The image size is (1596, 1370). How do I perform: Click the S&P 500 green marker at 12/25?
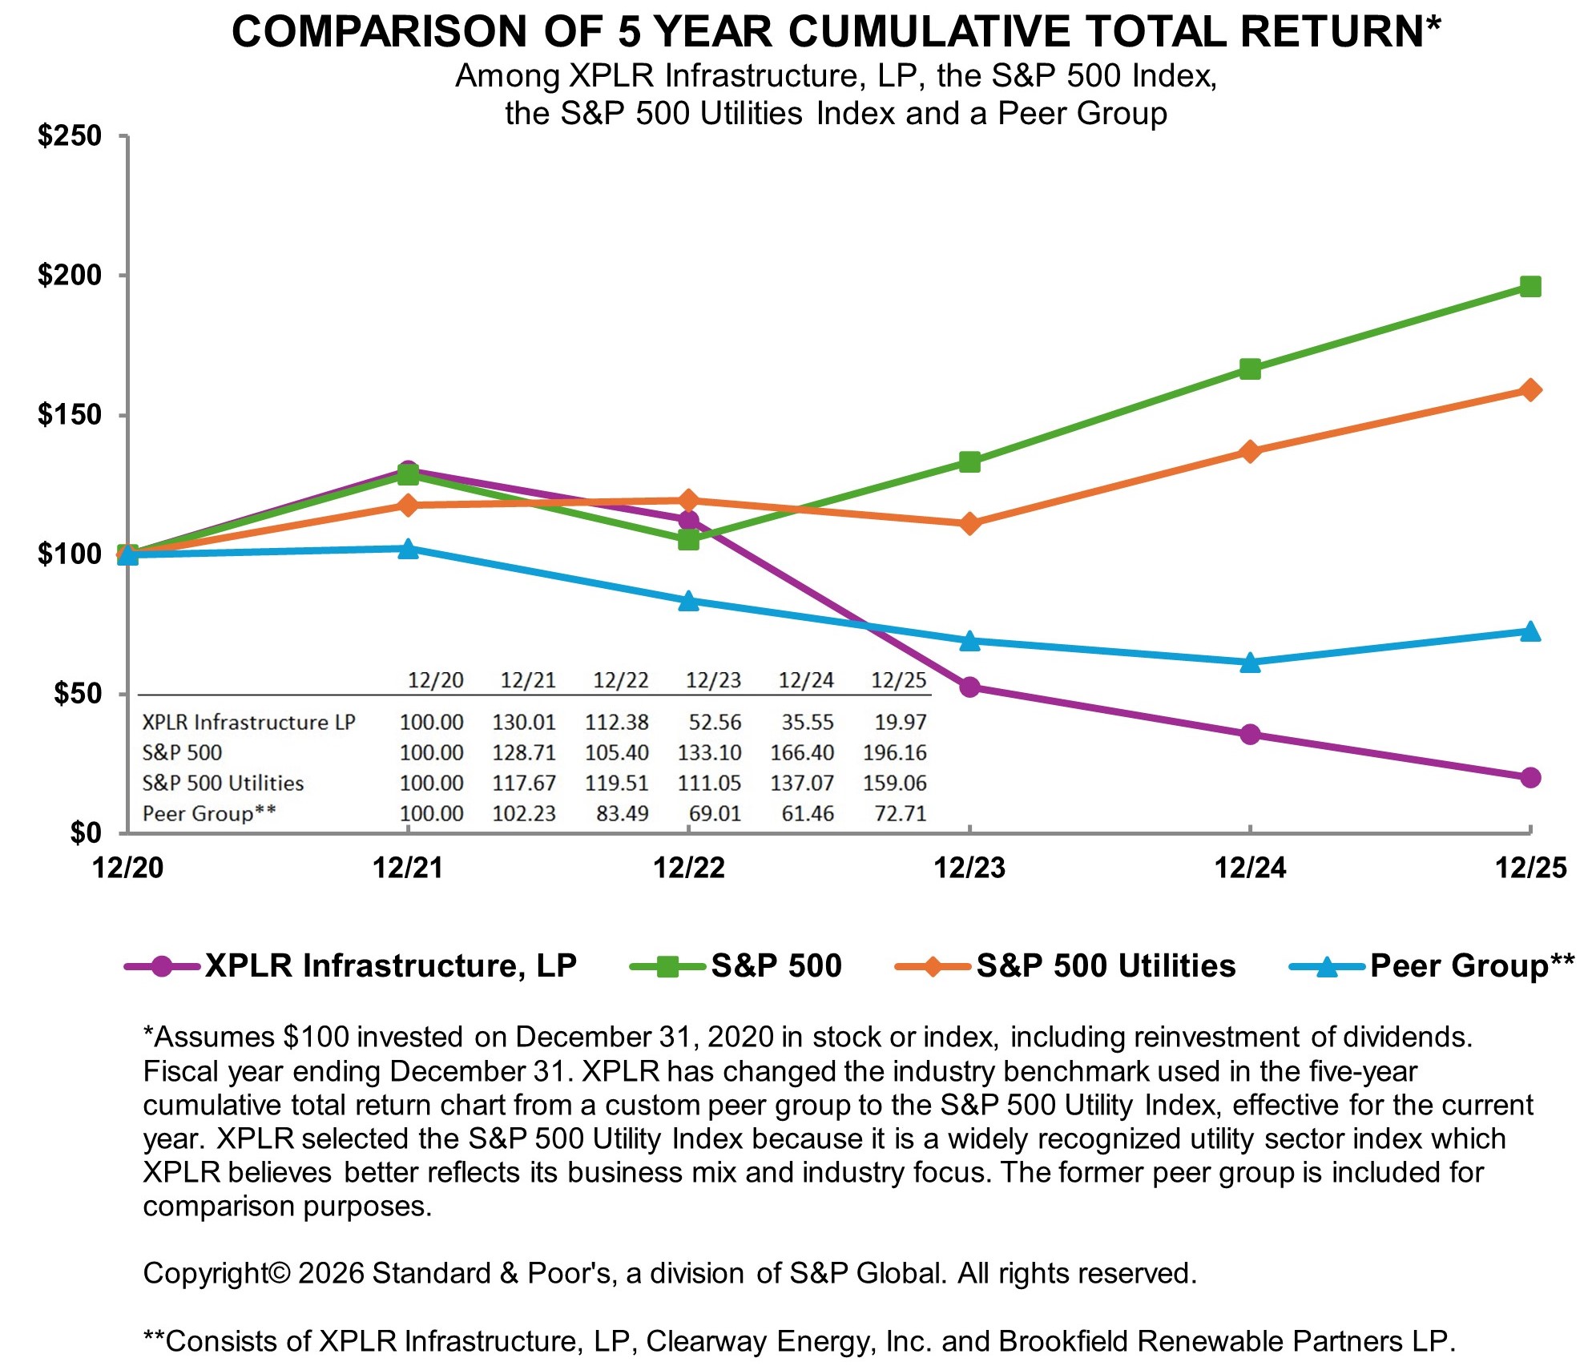click(x=1529, y=287)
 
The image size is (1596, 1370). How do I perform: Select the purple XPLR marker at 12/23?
click(x=969, y=687)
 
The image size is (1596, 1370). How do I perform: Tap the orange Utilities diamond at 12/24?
click(x=1250, y=452)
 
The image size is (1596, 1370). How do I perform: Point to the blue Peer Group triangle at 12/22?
click(x=688, y=601)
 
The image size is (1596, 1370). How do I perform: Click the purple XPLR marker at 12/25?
click(x=1529, y=777)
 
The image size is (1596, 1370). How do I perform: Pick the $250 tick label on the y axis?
click(x=70, y=135)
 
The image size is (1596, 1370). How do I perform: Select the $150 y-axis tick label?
click(x=70, y=415)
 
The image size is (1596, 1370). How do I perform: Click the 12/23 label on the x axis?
click(x=969, y=868)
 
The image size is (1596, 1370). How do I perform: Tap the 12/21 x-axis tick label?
click(x=408, y=868)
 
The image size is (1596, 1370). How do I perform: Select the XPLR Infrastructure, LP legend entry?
click(x=390, y=965)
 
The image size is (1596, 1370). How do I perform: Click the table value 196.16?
click(x=894, y=753)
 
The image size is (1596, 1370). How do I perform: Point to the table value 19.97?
click(x=900, y=723)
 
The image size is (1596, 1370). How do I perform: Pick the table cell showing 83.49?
click(x=622, y=814)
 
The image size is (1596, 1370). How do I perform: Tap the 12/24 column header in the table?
click(x=806, y=681)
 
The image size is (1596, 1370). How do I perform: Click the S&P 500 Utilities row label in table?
click(x=223, y=784)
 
